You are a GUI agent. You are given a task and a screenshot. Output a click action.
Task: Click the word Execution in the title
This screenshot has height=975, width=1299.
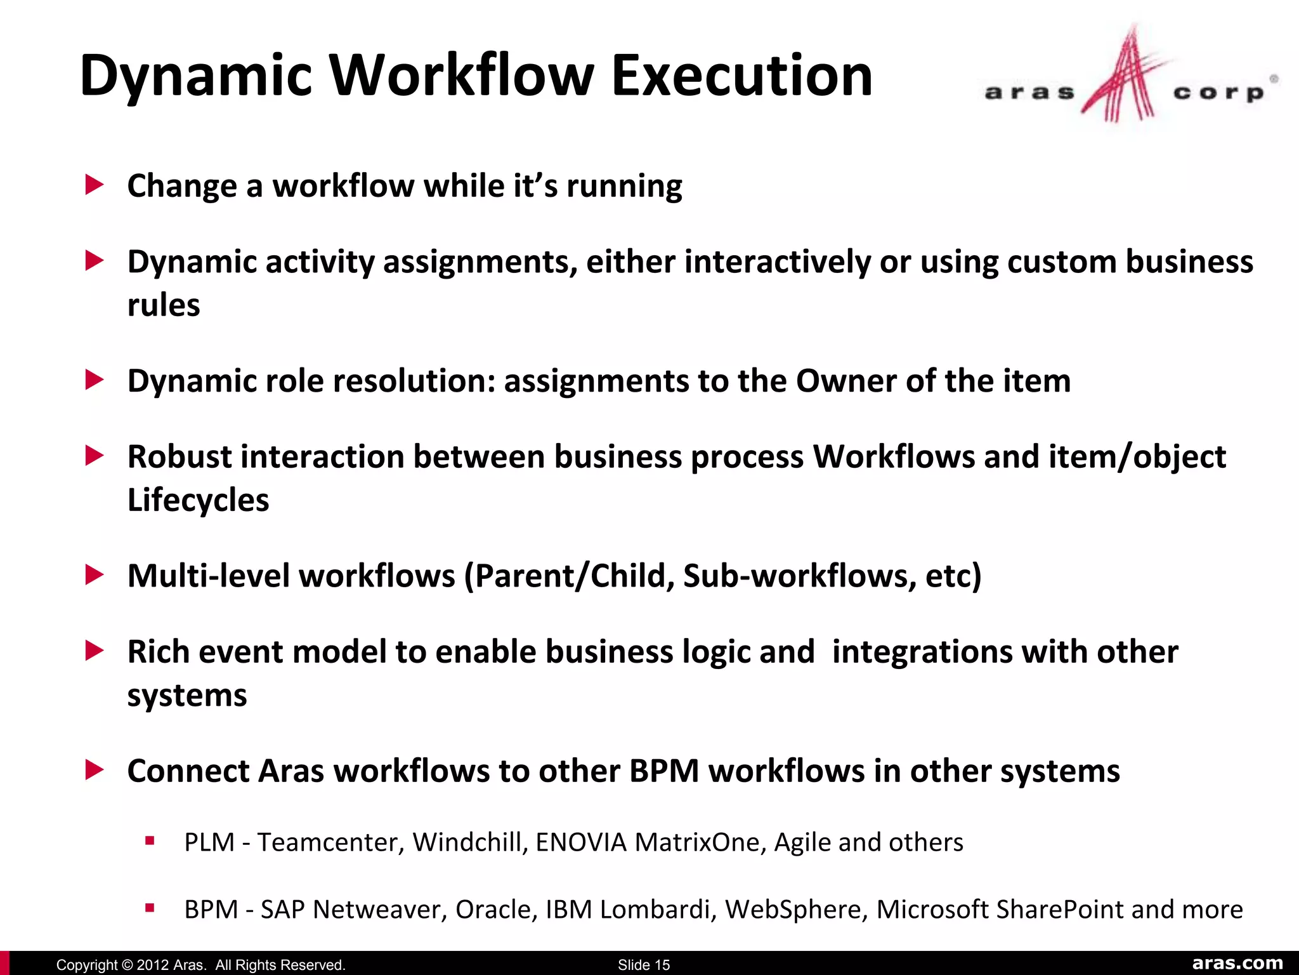[741, 76]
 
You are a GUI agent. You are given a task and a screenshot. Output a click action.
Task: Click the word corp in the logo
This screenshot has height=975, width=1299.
[1218, 93]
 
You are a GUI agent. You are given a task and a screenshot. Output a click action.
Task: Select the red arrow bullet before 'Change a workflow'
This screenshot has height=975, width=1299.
[95, 185]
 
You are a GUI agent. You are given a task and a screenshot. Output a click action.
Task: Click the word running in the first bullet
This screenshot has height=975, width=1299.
[624, 187]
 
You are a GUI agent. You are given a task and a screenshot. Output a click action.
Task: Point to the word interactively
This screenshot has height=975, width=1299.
[778, 262]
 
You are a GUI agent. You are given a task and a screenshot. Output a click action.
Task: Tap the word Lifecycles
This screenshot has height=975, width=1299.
[198, 500]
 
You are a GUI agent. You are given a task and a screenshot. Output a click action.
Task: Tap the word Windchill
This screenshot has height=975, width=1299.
[471, 842]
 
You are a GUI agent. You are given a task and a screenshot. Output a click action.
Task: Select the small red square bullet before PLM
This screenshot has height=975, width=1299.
[150, 841]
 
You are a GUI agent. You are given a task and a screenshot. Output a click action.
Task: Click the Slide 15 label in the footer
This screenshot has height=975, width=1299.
[644, 965]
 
